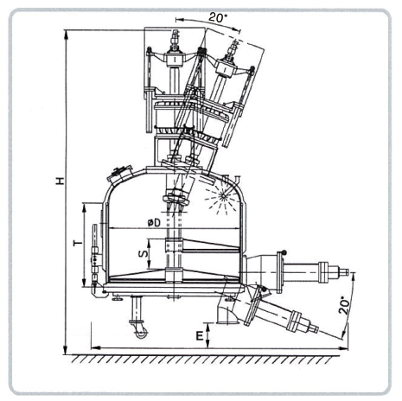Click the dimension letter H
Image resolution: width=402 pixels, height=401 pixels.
[x=60, y=181]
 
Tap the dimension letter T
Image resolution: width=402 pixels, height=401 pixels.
[x=78, y=244]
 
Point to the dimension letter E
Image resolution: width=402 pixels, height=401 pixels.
[x=200, y=336]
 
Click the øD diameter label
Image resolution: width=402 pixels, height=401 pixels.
[x=154, y=222]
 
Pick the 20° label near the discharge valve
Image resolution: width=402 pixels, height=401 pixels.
[x=344, y=305]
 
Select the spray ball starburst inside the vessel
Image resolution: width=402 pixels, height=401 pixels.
[x=222, y=196]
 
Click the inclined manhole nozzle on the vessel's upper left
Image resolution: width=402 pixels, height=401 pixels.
[x=119, y=174]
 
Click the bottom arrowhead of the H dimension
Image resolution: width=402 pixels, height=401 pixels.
[x=66, y=351]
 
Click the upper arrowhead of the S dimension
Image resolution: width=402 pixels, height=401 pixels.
[x=149, y=243]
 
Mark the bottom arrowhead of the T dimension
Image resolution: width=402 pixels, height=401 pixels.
[x=84, y=283]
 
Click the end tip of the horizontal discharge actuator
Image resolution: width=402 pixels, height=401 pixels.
[x=348, y=271]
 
